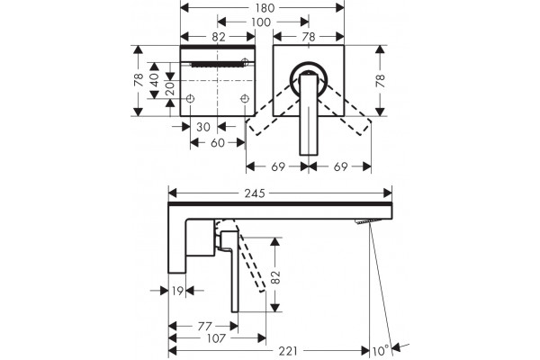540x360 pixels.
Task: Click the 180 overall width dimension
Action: pyautogui.click(x=265, y=7)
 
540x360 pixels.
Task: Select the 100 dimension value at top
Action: pyautogui.click(x=261, y=22)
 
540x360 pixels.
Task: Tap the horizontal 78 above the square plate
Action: pyautogui.click(x=308, y=37)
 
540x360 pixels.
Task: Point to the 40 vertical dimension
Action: pyautogui.click(x=154, y=80)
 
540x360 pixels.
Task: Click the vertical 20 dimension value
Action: pyautogui.click(x=170, y=89)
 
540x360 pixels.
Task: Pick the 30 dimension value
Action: pyautogui.click(x=203, y=127)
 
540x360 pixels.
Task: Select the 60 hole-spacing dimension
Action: pyautogui.click(x=218, y=142)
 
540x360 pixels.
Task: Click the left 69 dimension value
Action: pyautogui.click(x=278, y=166)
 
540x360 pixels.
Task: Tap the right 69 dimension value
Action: pyautogui.click(x=340, y=166)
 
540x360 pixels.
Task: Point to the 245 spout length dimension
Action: pyautogui.click(x=255, y=193)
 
